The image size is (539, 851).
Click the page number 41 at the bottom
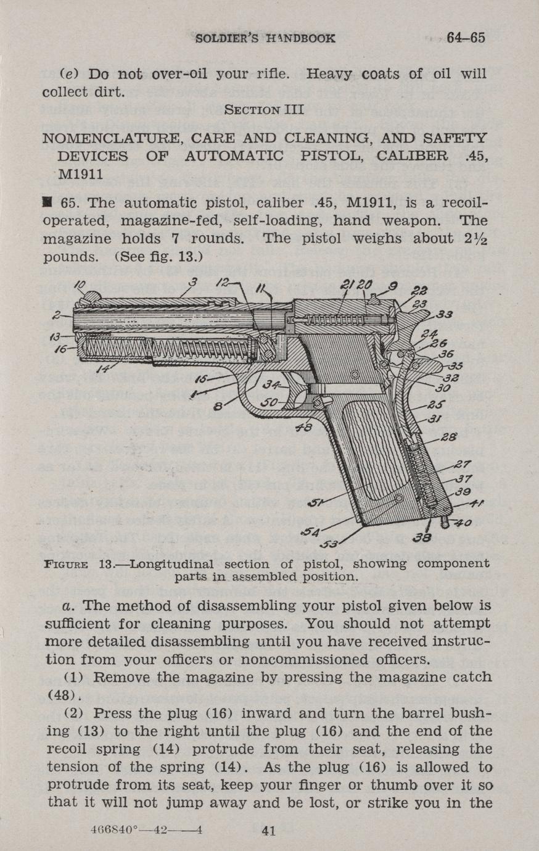click(269, 831)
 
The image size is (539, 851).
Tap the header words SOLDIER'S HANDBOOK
click(265, 38)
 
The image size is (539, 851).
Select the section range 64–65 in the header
click(466, 38)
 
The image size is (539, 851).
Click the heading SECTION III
click(264, 110)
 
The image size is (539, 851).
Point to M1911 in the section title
click(80, 174)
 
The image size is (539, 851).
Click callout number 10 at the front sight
click(81, 285)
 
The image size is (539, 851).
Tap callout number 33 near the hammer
click(444, 315)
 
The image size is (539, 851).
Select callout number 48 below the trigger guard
click(304, 428)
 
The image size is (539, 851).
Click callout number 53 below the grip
click(329, 545)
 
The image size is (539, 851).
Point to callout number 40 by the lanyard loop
click(463, 523)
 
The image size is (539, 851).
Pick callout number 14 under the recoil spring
click(102, 368)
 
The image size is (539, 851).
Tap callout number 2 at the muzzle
click(57, 315)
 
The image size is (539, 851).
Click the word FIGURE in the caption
click(66, 564)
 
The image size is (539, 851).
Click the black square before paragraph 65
click(47, 202)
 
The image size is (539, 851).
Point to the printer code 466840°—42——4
click(147, 831)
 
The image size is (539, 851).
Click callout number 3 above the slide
click(193, 283)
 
